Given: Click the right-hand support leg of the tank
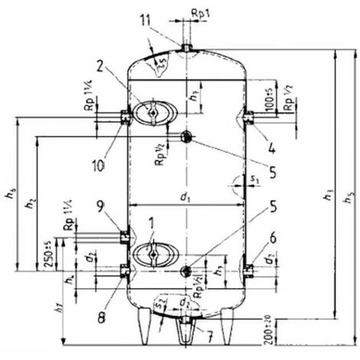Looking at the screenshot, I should click(x=225, y=326).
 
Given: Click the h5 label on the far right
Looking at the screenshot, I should click(x=351, y=191).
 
